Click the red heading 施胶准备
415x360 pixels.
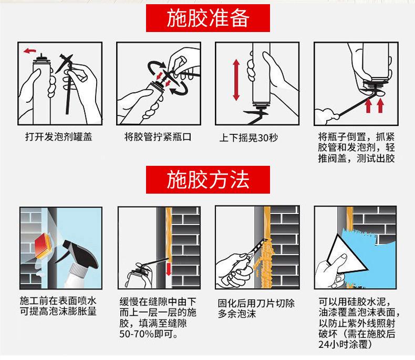pyautogui.click(x=208, y=18)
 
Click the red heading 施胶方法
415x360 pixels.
pyautogui.click(x=208, y=179)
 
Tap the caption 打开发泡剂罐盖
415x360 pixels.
pyautogui.click(x=58, y=136)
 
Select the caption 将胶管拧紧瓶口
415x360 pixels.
pyautogui.click(x=158, y=136)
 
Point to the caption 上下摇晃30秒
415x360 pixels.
pyautogui.click(x=248, y=137)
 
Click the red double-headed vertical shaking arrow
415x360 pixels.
pyautogui.click(x=236, y=80)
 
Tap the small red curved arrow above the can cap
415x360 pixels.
pyautogui.click(x=29, y=50)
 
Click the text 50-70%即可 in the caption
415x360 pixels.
pyautogui.click(x=149, y=334)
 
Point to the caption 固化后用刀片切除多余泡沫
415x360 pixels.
pyautogui.click(x=256, y=309)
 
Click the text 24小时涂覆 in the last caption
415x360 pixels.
pyautogui.click(x=343, y=344)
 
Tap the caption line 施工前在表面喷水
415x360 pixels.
pyautogui.click(x=58, y=301)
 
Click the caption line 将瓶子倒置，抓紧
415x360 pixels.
pyautogui.click(x=356, y=137)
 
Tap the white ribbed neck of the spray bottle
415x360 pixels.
pyautogui.click(x=78, y=270)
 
